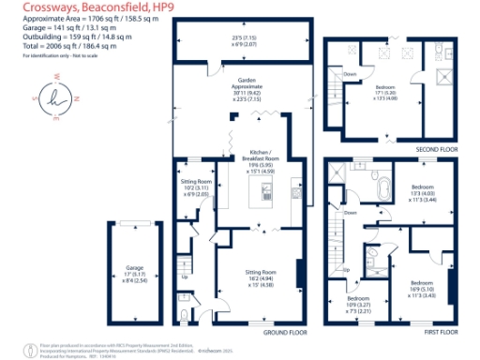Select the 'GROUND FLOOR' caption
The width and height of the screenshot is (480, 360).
[287, 332]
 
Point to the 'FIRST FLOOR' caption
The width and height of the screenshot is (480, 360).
[441, 332]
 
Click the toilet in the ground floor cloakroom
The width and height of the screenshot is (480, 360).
[185, 302]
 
